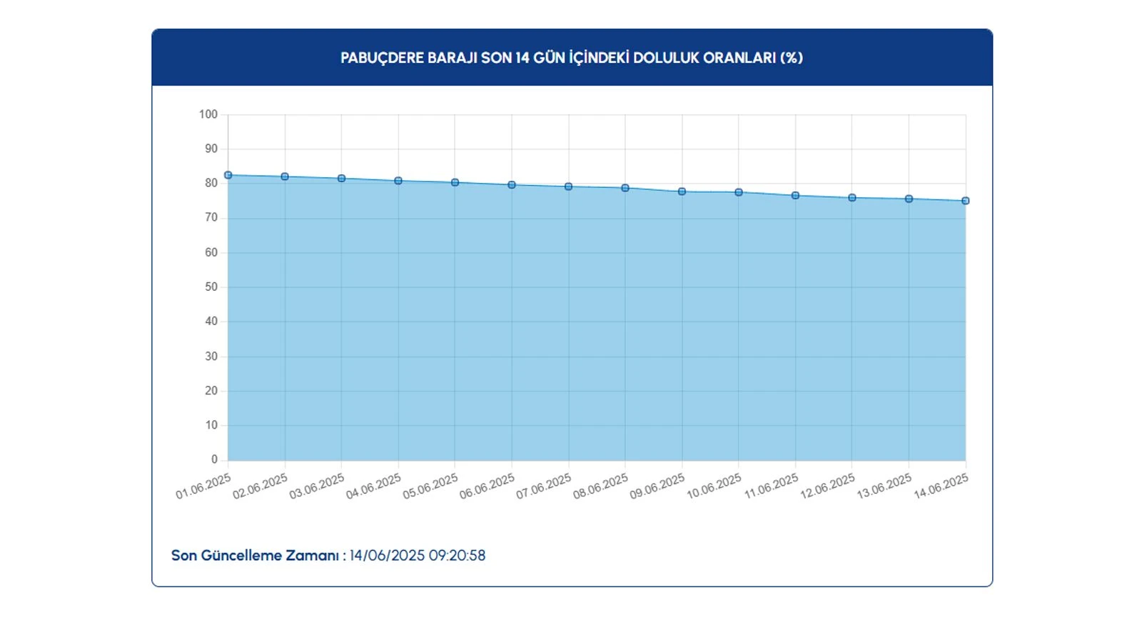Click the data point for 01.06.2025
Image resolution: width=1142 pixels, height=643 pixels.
point(228,175)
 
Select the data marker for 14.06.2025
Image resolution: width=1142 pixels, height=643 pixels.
point(966,201)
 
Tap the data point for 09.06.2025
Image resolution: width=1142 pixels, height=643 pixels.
point(682,191)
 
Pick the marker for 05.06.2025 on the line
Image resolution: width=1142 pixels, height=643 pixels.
point(455,182)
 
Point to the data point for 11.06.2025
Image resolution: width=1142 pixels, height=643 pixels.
point(796,196)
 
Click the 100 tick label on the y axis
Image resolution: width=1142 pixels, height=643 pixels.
point(208,114)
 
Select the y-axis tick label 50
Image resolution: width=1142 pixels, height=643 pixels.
point(211,287)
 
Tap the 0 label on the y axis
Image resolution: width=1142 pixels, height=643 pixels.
point(214,459)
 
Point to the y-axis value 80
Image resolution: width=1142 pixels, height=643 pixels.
point(211,184)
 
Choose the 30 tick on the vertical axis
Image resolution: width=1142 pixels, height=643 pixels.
point(211,356)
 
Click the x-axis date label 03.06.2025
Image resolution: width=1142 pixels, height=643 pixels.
point(317,487)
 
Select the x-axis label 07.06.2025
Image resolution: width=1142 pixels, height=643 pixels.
point(544,487)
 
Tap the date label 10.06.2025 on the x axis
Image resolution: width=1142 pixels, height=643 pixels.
point(714,487)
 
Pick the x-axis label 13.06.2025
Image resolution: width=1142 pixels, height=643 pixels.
point(884,487)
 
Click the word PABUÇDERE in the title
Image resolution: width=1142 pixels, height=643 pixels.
point(382,58)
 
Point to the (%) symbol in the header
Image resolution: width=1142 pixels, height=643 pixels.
point(792,58)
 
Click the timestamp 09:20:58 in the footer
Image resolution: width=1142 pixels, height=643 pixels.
point(457,556)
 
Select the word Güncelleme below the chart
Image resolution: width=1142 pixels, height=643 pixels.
point(241,556)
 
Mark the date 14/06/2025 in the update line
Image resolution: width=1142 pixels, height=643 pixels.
point(387,556)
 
